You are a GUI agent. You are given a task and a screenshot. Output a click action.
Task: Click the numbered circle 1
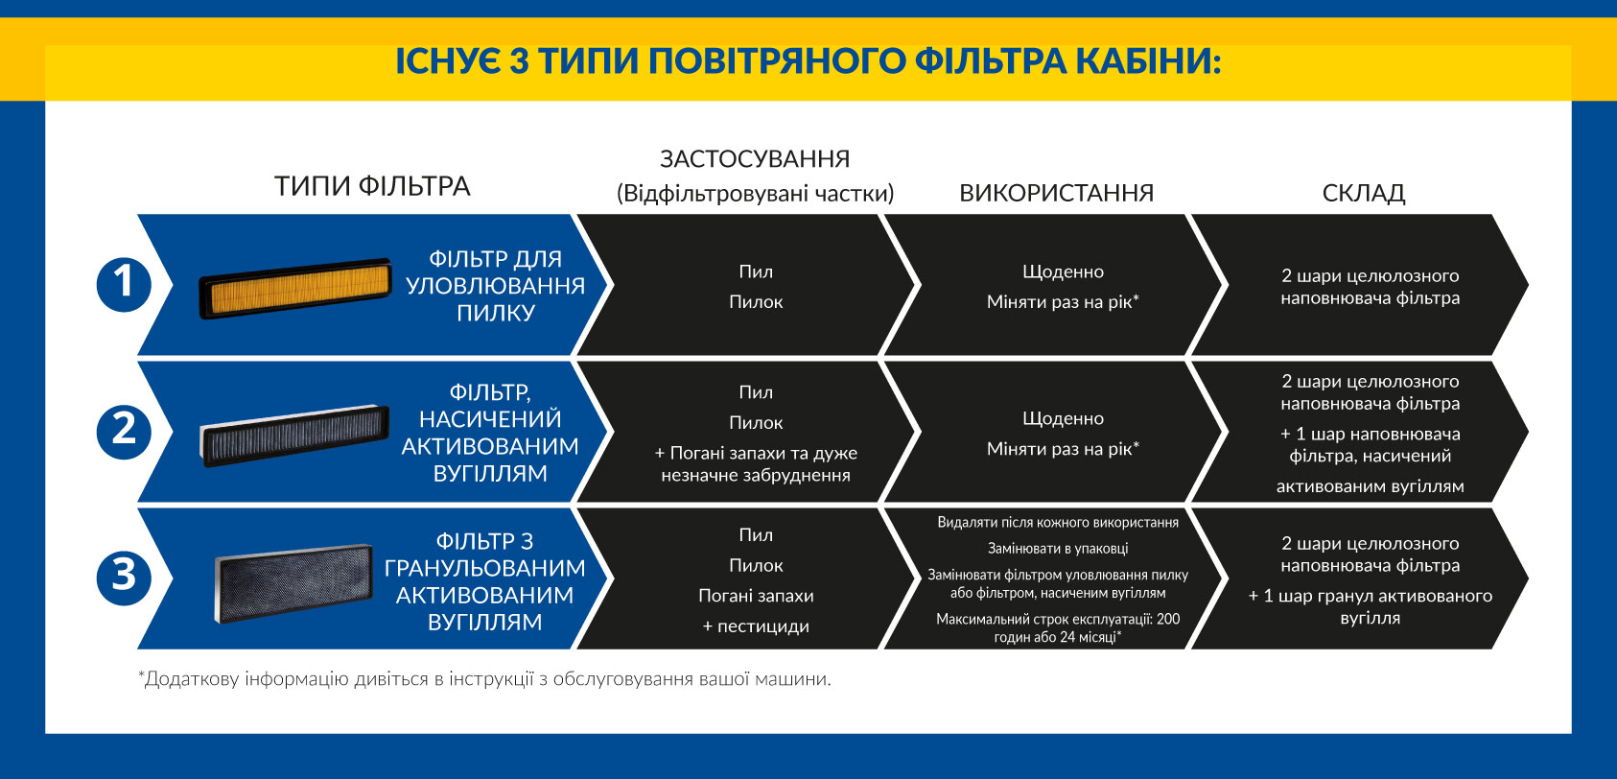124,285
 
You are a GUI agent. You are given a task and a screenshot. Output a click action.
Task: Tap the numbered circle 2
124,432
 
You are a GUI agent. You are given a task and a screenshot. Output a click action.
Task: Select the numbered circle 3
124,578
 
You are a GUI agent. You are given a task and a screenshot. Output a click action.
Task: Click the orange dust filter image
295,288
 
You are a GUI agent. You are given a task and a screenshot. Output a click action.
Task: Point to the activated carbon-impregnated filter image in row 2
294,436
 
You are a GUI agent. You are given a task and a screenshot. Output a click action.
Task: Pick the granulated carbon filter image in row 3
293,582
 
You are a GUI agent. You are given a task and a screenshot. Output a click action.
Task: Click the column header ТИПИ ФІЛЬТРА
372,186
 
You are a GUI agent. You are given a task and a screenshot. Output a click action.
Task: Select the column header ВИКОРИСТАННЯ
1056,193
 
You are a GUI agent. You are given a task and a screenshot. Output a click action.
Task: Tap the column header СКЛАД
1364,193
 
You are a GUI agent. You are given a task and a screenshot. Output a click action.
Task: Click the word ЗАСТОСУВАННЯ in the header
755,159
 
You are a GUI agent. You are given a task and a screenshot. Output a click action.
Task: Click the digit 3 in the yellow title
518,60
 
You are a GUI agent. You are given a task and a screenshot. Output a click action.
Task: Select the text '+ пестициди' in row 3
756,626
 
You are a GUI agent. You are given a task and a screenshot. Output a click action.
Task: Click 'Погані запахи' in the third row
756,596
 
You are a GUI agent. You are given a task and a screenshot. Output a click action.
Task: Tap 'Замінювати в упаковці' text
1058,549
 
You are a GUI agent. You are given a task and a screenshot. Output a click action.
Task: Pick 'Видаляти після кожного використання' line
1058,522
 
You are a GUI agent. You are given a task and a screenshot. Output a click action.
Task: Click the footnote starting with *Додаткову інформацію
484,678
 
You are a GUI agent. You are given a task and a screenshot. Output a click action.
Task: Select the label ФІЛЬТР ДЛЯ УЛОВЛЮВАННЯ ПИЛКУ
495,285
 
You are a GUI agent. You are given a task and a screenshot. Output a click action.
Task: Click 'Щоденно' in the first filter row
1063,271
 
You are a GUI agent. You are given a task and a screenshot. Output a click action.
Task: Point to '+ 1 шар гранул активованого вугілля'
1371,606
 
